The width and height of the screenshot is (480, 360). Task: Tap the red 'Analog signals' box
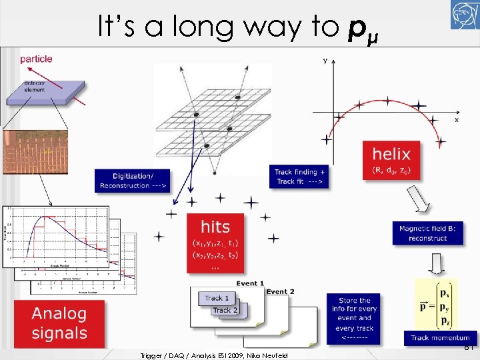59,323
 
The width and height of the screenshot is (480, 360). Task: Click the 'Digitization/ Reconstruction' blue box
132,179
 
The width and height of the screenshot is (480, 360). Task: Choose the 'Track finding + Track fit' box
301,176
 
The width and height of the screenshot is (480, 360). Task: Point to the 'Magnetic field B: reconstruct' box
427,233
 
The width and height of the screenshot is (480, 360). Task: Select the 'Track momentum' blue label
439,337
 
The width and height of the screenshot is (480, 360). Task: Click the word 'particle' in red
37,59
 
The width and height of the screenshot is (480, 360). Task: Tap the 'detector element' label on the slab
35,87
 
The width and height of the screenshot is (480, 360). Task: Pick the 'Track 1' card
217,298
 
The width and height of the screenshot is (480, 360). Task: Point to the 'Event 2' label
280,291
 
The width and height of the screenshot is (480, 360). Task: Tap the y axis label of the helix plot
325,61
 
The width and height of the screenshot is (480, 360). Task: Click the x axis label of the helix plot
457,120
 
